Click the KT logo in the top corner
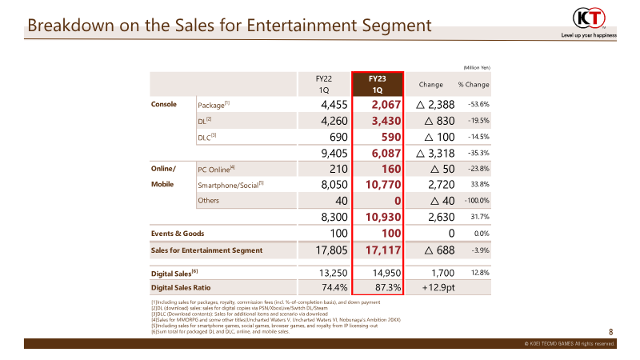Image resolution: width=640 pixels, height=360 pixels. coord(589,18)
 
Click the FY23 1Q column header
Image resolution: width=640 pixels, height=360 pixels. coord(378,85)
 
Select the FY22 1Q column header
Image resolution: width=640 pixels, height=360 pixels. coord(324,85)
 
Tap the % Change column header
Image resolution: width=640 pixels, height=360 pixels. coord(474,85)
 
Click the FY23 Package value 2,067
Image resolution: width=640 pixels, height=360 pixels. coord(386,105)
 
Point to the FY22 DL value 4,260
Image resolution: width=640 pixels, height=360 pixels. coord(334,121)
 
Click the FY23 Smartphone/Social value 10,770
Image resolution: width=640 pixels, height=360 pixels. coord(383,185)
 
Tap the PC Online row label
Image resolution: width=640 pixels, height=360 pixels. coord(216,170)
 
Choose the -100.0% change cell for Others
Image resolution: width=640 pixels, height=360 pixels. coord(477,201)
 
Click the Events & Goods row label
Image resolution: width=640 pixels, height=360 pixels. coord(178,234)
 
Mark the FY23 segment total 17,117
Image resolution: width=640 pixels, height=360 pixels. coord(383,250)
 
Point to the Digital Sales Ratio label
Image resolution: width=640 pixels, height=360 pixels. coord(181,288)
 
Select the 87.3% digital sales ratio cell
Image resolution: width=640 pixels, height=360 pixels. coord(388,287)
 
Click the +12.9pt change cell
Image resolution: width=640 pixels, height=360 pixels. coord(438,287)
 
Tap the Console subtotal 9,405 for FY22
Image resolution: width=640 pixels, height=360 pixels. coord(334,153)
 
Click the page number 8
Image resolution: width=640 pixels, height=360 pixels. coord(610,332)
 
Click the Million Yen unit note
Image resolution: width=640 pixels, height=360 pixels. coord(477,68)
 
